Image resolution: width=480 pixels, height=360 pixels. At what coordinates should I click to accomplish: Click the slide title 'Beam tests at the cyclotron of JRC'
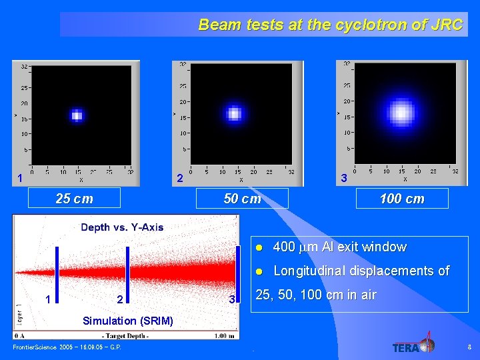330,25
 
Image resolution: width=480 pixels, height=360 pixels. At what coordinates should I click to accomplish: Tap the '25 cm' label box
74,199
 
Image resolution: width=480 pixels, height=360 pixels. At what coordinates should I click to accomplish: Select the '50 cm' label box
242,199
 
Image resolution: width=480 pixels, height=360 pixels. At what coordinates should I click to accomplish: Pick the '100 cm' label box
401,199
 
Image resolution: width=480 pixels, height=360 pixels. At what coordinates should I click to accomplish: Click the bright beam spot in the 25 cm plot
77,115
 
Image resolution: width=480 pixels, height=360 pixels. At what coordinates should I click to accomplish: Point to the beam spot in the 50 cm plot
233,113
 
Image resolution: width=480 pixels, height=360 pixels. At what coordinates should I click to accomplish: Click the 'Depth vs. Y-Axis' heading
122,227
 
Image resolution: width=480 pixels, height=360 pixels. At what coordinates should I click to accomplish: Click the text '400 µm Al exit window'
339,247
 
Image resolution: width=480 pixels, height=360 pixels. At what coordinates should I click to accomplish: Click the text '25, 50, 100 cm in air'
316,295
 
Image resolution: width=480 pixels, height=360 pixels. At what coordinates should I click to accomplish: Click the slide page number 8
469,347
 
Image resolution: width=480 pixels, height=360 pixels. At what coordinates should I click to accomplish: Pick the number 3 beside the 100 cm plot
343,179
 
